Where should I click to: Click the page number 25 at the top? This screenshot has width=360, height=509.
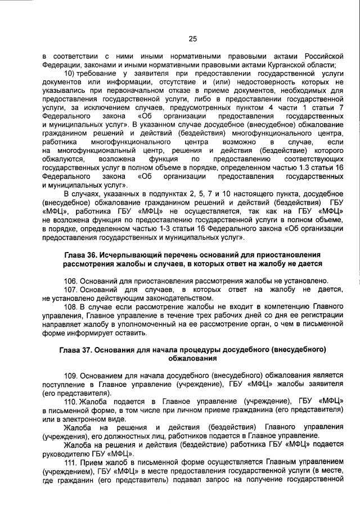pyautogui.click(x=192, y=39)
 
